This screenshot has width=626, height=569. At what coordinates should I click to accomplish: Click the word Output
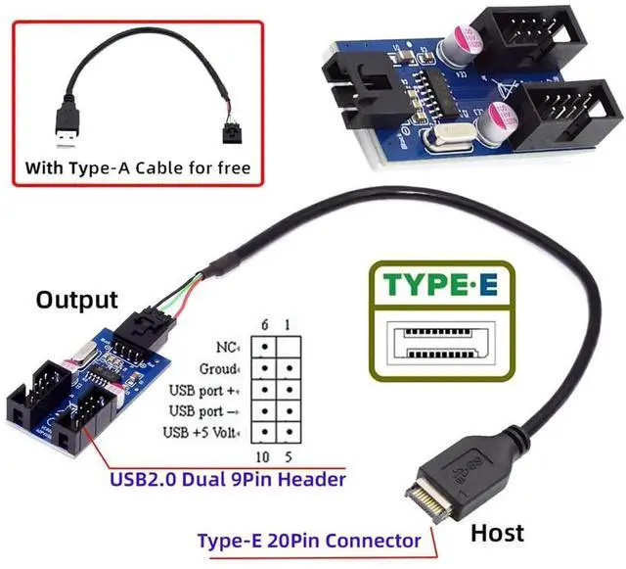(76, 300)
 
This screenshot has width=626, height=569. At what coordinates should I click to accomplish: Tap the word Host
(498, 533)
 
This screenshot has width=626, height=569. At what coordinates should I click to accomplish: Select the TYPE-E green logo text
(440, 285)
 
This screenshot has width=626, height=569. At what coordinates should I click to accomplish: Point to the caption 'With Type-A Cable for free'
(138, 167)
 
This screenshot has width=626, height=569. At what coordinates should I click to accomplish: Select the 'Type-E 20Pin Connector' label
(309, 540)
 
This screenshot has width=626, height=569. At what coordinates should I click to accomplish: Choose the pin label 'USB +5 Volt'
(203, 432)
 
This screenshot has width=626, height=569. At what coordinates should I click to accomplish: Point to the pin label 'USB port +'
(204, 390)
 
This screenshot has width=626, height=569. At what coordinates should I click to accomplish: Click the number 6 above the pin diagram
(263, 325)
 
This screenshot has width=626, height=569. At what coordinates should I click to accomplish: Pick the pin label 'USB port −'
(204, 410)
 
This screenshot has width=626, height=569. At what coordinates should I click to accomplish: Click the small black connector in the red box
(232, 132)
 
